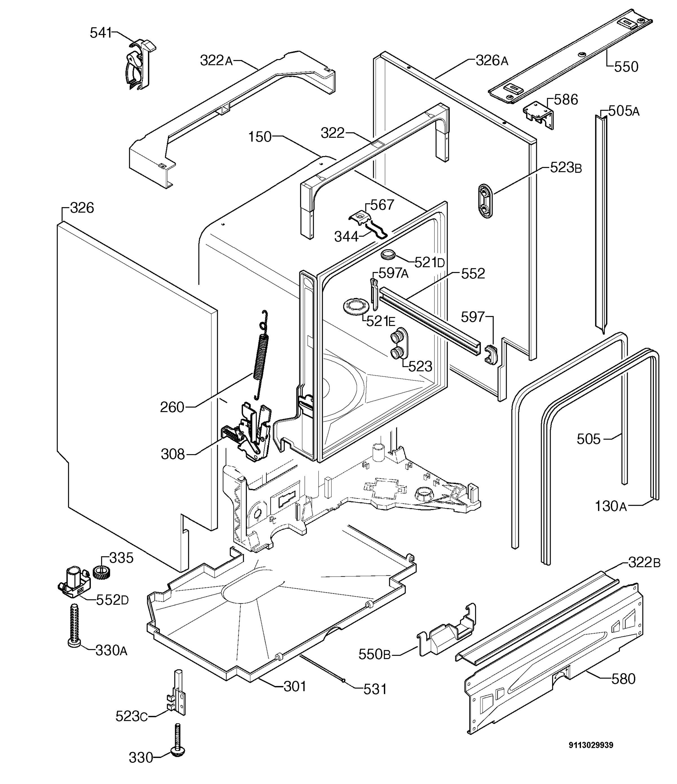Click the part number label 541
coord(101,33)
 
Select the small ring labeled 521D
coord(388,255)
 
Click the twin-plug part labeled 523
coord(399,343)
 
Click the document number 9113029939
coord(591,745)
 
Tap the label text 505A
coord(624,111)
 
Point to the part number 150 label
coord(260,137)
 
